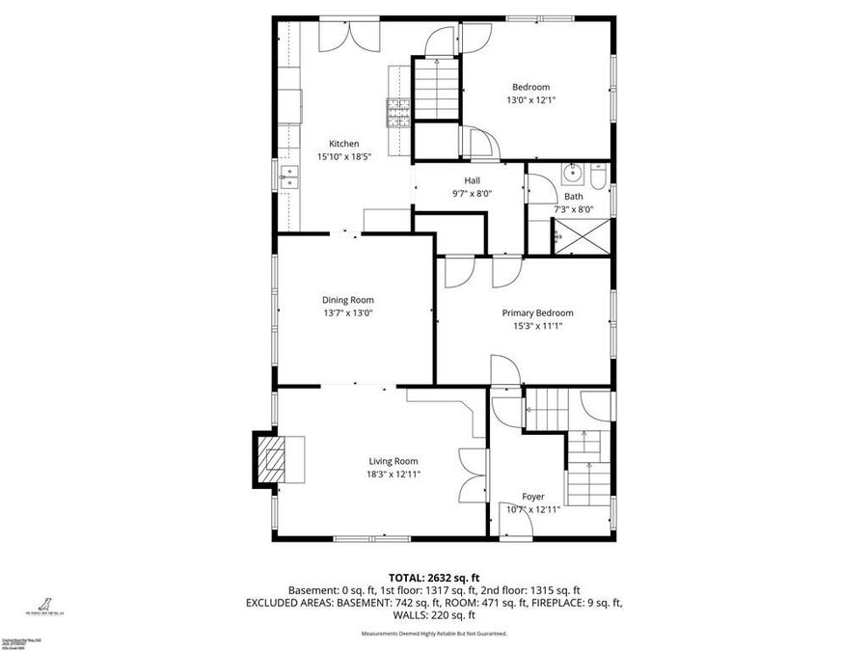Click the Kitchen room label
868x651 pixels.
tap(344, 144)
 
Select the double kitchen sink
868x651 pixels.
tap(289, 176)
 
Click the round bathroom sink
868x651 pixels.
tap(573, 175)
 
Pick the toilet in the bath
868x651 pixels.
tap(597, 177)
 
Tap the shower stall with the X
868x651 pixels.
tap(581, 234)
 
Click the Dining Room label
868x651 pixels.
tap(348, 300)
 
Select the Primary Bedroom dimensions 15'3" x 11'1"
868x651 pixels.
tap(537, 326)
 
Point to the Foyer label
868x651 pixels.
tap(532, 497)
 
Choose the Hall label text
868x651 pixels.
tap(472, 180)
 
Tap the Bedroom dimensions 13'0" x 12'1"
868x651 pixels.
tap(531, 99)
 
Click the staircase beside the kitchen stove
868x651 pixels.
tap(437, 89)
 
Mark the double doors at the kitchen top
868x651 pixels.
tap(350, 35)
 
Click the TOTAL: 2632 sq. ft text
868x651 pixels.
tap(434, 576)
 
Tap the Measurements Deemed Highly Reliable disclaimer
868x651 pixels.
tap(434, 634)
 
